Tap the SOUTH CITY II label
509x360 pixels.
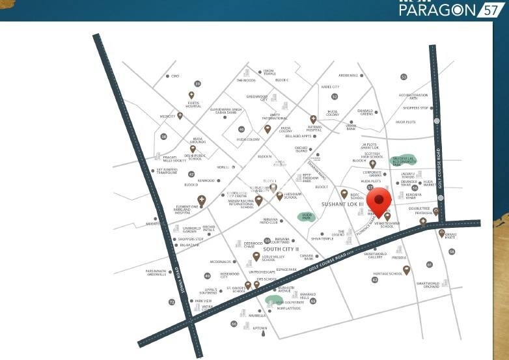pos(281,249)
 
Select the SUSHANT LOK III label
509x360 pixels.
pos(342,204)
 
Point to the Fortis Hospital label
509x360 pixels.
pos(193,104)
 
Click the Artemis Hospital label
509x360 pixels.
pos(314,128)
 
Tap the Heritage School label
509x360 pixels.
pos(387,274)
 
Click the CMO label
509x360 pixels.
pos(175,76)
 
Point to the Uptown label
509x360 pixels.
pos(260,328)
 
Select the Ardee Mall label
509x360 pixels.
pos(348,76)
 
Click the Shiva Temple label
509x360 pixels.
pos(322,239)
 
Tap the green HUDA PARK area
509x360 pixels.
pos(306,215)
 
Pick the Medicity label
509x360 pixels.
pos(168,117)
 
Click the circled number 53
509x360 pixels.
pos(404,77)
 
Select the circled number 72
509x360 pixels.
pos(172,302)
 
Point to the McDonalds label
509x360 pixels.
pos(221,262)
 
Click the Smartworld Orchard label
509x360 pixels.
pos(428,285)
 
